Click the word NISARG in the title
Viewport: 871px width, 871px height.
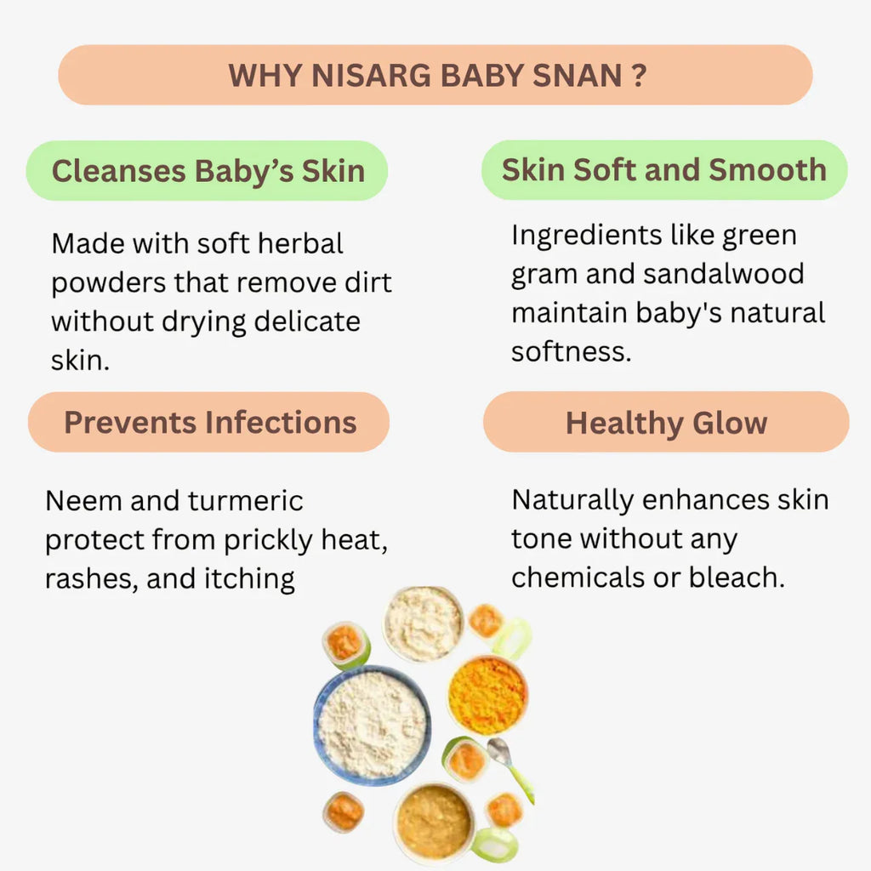[x=371, y=76]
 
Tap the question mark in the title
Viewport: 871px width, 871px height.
[x=640, y=76]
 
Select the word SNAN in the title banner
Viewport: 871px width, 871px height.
[x=578, y=76]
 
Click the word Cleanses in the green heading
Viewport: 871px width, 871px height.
[x=119, y=170]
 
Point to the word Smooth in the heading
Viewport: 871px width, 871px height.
[x=768, y=169]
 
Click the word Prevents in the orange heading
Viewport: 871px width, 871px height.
[x=130, y=422]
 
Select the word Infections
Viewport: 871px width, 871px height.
[x=281, y=422]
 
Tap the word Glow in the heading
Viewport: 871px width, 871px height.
[x=730, y=424]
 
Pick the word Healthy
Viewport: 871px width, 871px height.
[x=624, y=424]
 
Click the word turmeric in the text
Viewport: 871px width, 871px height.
[x=246, y=500]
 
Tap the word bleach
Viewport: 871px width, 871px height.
[x=737, y=578]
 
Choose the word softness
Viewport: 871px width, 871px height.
[x=572, y=351]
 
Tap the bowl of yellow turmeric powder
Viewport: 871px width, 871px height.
[x=487, y=694]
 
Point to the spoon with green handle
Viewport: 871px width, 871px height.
[x=510, y=769]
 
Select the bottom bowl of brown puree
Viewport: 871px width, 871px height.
[x=434, y=822]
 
